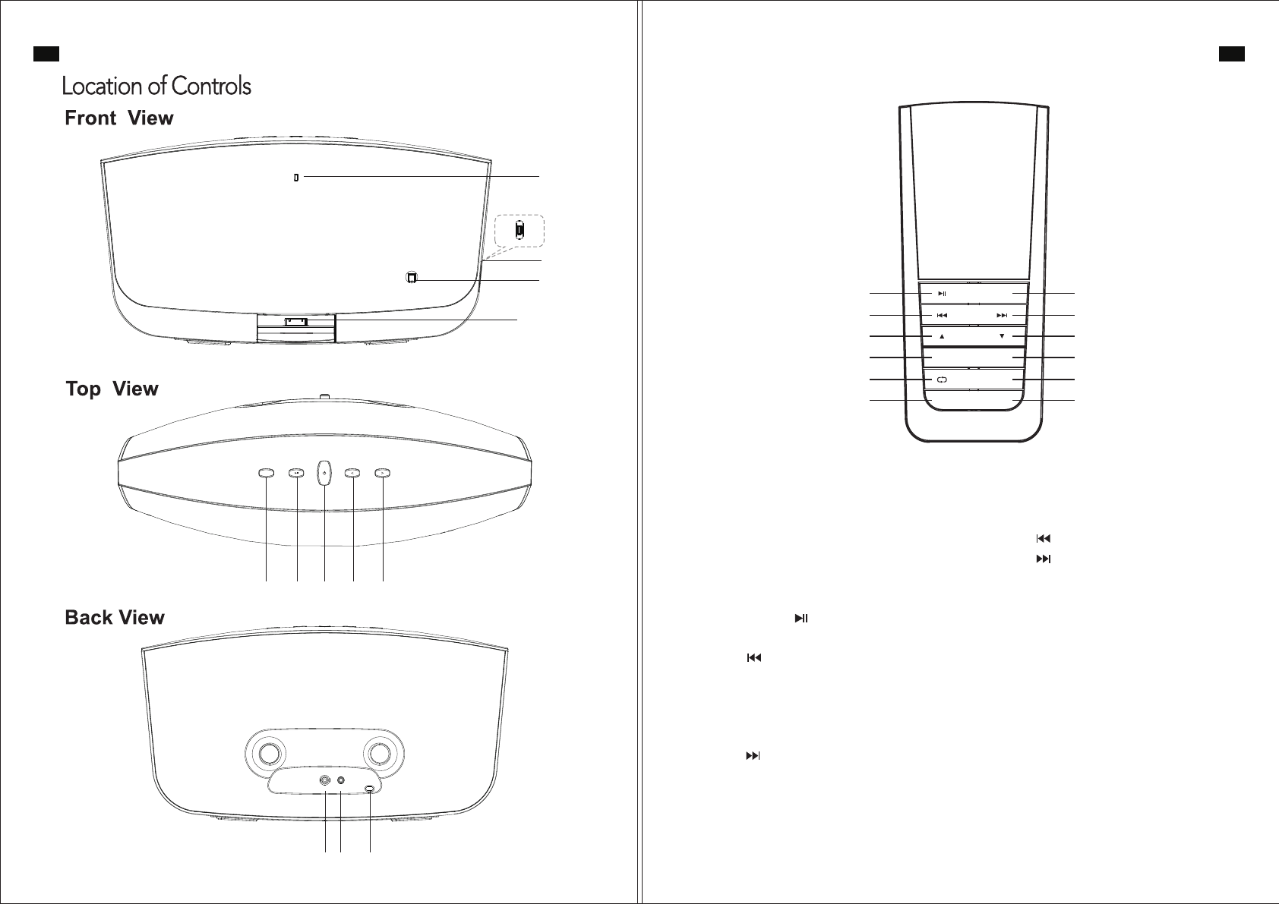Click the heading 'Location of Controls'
(x=156, y=86)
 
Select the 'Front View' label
(x=119, y=118)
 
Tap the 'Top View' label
(x=112, y=389)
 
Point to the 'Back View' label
(x=115, y=618)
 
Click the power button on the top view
(x=324, y=473)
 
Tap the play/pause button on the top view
(x=296, y=473)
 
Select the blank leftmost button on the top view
(x=266, y=473)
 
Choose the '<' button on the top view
(x=353, y=473)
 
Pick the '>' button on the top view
(x=383, y=473)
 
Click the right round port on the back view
(x=341, y=780)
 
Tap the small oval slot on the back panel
(x=370, y=789)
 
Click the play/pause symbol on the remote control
(x=942, y=293)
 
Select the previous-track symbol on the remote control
(x=942, y=315)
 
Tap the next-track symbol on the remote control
(x=1002, y=315)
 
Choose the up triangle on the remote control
(x=942, y=336)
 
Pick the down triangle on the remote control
(x=1002, y=336)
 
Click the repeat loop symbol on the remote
(x=942, y=380)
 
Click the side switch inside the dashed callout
(x=519, y=229)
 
